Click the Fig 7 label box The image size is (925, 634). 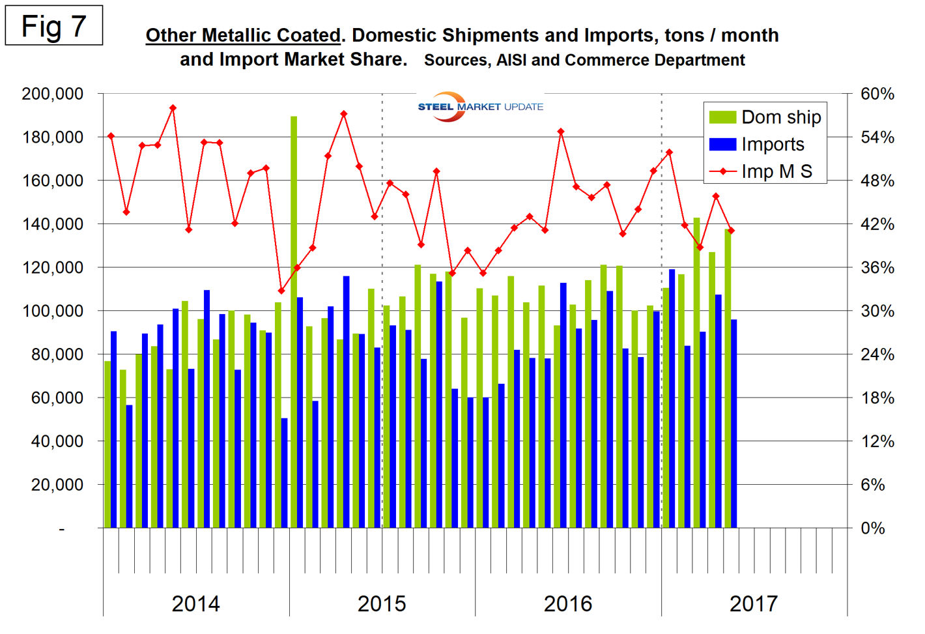53,26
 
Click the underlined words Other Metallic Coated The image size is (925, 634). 243,35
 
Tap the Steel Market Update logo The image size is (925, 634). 480,106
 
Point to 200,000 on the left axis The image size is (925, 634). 53,94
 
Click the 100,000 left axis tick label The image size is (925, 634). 53,311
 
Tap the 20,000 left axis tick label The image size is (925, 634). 57,485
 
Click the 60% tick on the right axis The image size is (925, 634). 877,94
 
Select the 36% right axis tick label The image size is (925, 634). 877,268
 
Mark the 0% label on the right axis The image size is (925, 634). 873,528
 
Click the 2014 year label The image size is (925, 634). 195,604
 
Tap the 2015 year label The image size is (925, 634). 382,604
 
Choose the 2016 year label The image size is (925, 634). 568,604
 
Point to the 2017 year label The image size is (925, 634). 754,604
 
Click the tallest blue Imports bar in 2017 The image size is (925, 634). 672,397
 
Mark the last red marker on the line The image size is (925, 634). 731,231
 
